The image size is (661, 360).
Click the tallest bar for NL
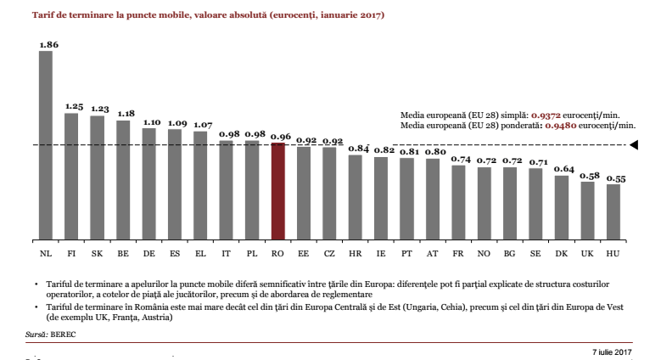tap(46, 144)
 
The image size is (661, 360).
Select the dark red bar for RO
tap(277, 191)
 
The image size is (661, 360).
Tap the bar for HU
tap(613, 211)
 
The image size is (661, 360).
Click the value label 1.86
tap(48, 43)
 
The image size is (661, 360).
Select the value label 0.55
tap(614, 178)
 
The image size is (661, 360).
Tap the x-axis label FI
tap(72, 253)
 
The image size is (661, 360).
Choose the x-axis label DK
tap(562, 253)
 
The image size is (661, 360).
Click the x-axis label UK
tap(588, 253)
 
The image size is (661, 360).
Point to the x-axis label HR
tap(356, 253)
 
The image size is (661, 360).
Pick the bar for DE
tap(149, 183)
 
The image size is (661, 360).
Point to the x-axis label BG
tap(510, 253)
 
